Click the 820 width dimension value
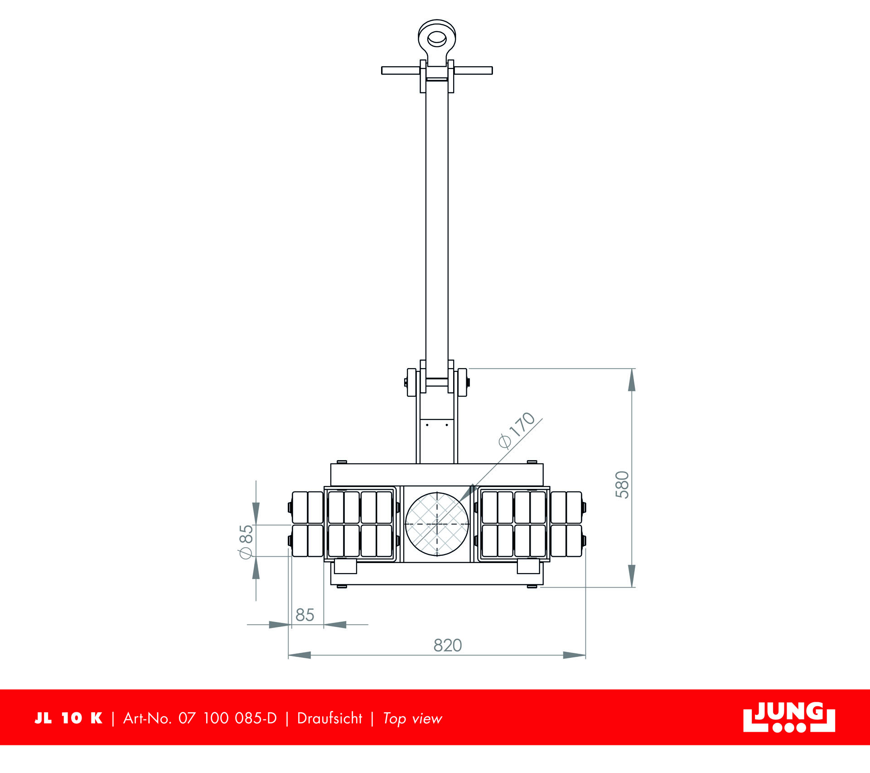click(447, 645)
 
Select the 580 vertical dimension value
click(622, 485)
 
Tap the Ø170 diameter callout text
click(517, 430)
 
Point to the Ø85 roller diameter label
click(246, 542)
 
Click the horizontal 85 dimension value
click(304, 615)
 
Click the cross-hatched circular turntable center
click(437, 524)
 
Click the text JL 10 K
click(68, 718)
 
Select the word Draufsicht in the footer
click(329, 718)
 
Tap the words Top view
click(412, 719)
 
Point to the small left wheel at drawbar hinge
click(411, 382)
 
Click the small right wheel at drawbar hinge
click(462, 382)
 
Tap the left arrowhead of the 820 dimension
click(299, 655)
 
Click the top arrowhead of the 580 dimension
click(632, 380)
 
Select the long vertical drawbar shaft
click(437, 227)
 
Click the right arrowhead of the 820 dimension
click(575, 655)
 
